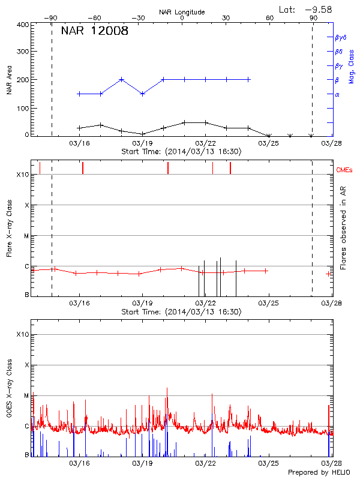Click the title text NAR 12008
point(94,32)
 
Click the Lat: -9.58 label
point(306,9)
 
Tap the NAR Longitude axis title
point(182,11)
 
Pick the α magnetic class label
point(337,94)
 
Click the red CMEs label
point(344,170)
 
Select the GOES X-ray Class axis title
point(10,392)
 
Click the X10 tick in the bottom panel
point(22,334)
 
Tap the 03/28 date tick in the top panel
point(333,143)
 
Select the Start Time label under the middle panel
point(182,312)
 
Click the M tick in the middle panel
point(26,236)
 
